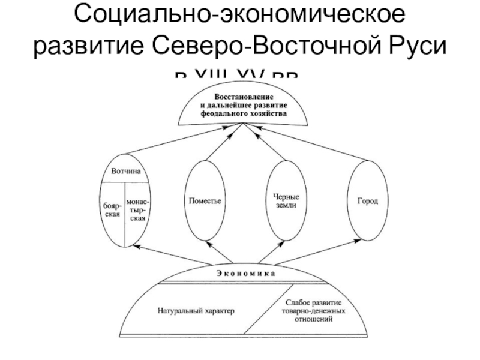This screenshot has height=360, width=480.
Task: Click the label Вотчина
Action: pos(125,171)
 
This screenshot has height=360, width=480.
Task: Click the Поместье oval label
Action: pos(205,201)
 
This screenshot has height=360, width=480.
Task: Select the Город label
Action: pos(368,200)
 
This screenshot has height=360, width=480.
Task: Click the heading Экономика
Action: pos(243,273)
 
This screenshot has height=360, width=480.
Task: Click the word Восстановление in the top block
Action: pos(243,97)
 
